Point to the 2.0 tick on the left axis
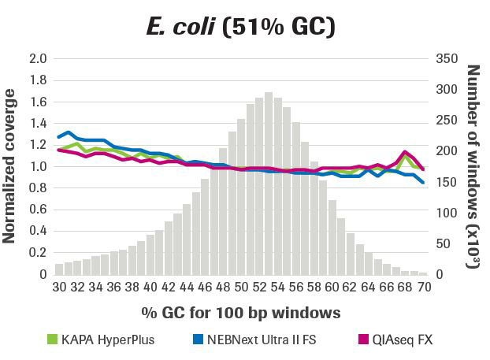pyautogui.click(x=39, y=59)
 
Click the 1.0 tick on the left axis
pyautogui.click(x=39, y=167)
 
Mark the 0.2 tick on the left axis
pyautogui.click(x=39, y=253)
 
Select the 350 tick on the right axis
pyautogui.click(x=446, y=59)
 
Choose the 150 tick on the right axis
pyautogui.click(x=446, y=182)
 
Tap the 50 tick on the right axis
pyautogui.click(x=443, y=243)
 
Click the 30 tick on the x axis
pyautogui.click(x=59, y=287)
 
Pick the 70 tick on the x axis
pyautogui.click(x=423, y=287)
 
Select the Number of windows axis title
pyautogui.click(x=473, y=166)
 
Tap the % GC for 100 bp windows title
pyautogui.click(x=241, y=313)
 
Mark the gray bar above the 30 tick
pyautogui.click(x=59, y=269)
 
